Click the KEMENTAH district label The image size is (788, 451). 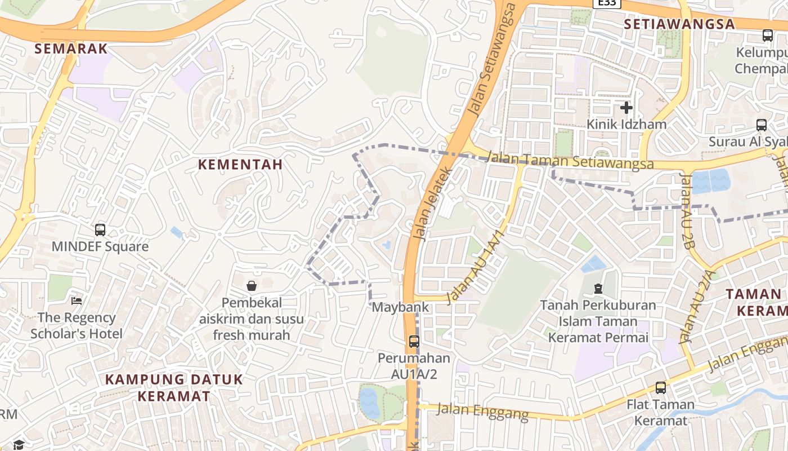[240, 165]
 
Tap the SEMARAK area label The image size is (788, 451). [71, 48]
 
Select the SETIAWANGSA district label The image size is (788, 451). [679, 24]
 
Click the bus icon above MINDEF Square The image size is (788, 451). [100, 230]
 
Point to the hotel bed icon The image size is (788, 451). [77, 300]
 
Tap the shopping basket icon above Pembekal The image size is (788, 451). [252, 286]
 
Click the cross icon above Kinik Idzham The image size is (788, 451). [626, 107]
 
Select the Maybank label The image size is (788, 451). [401, 307]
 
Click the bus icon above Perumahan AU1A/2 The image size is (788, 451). [414, 341]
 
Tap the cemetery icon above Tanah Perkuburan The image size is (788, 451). [598, 289]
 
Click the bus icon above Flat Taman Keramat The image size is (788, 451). [660, 388]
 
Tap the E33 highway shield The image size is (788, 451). [607, 3]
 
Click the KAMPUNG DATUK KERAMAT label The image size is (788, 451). [174, 387]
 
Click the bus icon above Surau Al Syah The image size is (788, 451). [762, 125]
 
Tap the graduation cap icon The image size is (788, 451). [19, 445]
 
